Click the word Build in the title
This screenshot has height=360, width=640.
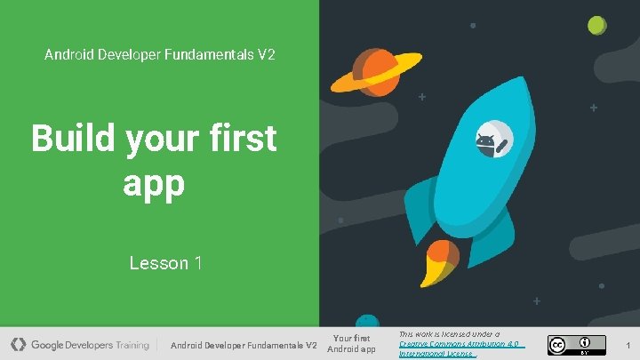[x=74, y=140]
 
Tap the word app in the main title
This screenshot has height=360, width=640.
[x=153, y=183]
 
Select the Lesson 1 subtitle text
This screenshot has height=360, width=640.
[x=165, y=263]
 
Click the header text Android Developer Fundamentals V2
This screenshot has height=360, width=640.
[x=160, y=55]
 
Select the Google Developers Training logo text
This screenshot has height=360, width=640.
[x=90, y=345]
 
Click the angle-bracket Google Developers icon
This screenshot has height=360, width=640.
[x=19, y=344]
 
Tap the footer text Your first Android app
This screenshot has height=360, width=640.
[x=351, y=343]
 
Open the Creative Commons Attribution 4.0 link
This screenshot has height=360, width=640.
[x=461, y=343]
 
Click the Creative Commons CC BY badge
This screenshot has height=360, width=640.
[x=575, y=345]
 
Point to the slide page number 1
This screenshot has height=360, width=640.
[x=628, y=344]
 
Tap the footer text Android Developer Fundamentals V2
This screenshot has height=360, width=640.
[x=243, y=345]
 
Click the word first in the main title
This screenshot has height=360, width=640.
[x=241, y=140]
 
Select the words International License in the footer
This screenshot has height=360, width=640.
[x=436, y=353]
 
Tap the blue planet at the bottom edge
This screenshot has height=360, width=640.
[x=365, y=321]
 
